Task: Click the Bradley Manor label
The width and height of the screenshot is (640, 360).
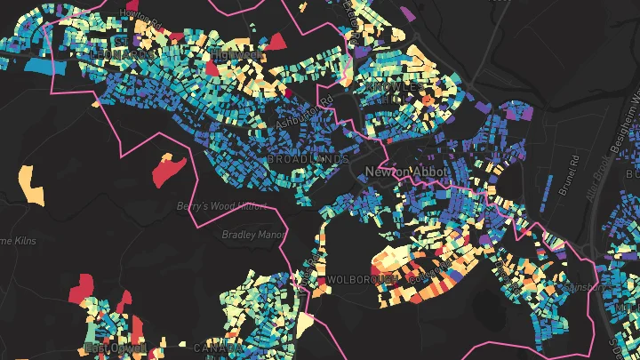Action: (x=253, y=236)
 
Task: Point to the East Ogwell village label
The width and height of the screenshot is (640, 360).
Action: (x=114, y=347)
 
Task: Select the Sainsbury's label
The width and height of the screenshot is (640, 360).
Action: (x=588, y=287)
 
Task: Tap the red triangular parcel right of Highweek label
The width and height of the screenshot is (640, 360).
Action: (x=276, y=41)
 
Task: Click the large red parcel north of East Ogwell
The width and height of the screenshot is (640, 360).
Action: (x=82, y=286)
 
